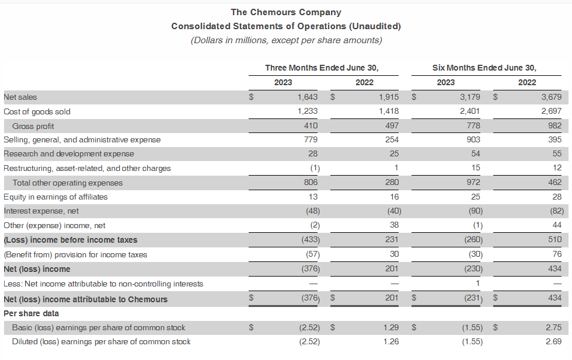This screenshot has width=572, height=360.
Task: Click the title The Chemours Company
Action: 285,12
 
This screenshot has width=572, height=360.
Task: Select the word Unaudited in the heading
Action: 374,26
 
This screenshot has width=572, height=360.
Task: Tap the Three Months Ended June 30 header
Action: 326,68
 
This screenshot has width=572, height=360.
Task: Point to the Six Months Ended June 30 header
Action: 484,68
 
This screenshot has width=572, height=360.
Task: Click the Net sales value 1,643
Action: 307,97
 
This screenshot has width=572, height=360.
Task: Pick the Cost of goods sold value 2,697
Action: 551,111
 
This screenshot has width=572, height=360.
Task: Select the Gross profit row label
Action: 33,126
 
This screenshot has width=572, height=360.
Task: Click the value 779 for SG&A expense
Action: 311,140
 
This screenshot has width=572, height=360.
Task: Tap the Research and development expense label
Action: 69,154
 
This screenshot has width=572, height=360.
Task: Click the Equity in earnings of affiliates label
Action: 55,197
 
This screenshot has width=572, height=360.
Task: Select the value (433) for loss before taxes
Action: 309,240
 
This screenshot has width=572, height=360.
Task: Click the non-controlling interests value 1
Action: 477,284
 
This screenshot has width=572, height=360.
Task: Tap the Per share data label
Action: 31,313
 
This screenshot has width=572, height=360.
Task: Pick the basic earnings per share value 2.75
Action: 553,328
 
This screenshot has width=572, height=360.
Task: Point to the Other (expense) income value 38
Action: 394,225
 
